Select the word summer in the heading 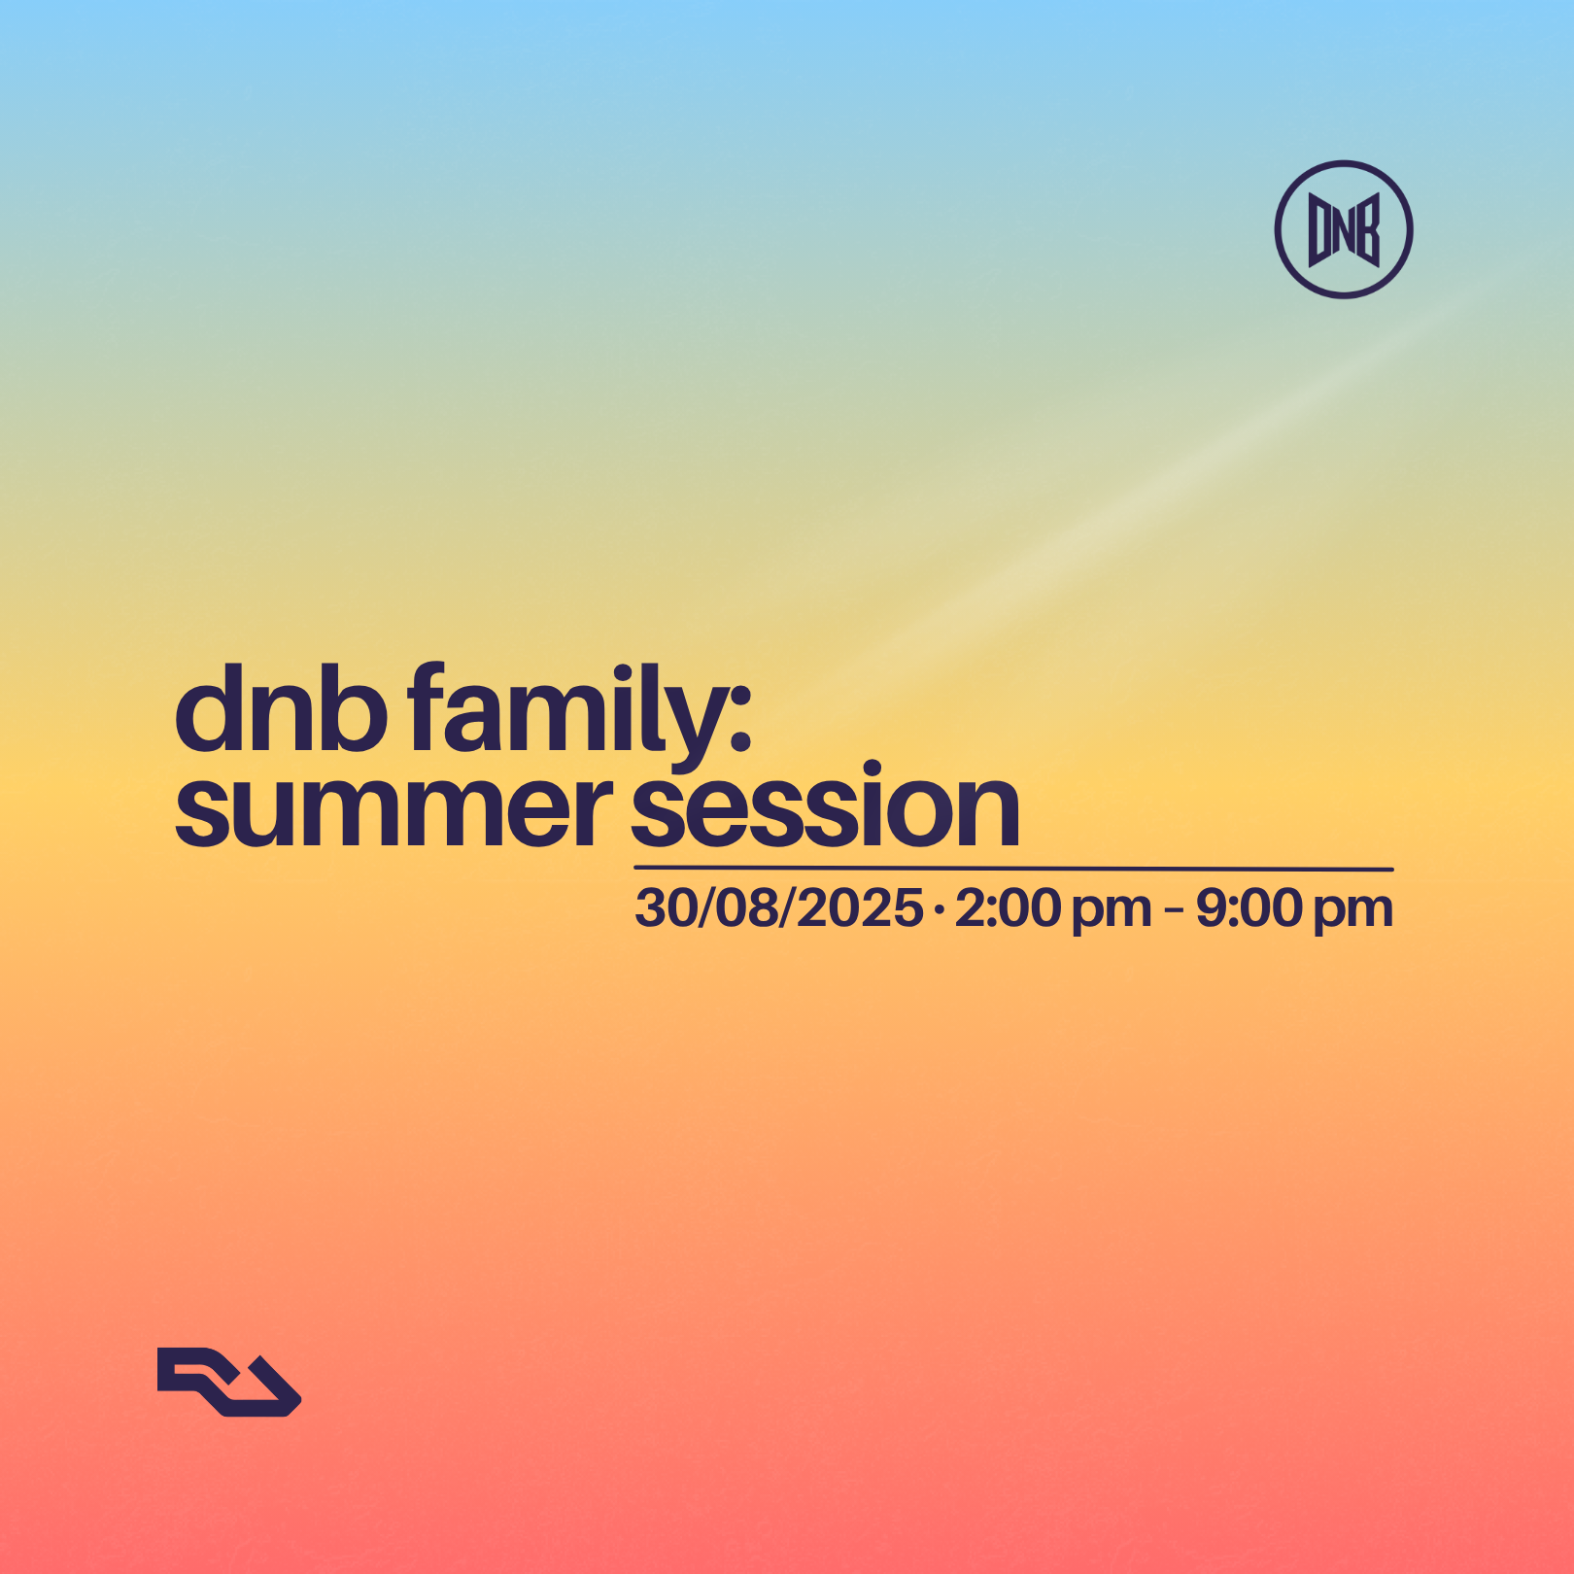[393, 811]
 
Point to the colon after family [740, 719]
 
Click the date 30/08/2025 [778, 908]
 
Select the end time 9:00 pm [1294, 908]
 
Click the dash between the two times [1173, 909]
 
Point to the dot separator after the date [939, 909]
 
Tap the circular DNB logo [1344, 229]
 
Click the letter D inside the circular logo [1318, 230]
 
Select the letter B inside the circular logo [1368, 230]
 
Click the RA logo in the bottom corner [229, 1382]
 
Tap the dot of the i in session [872, 769]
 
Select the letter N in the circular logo [1344, 228]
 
